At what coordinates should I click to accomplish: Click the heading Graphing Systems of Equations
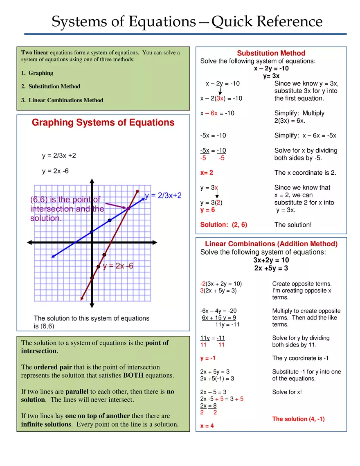pos(103,123)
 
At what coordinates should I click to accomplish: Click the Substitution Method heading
pos(271,53)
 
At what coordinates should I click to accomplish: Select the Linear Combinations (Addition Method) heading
pos(271,244)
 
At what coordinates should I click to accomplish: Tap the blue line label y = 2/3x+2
pos(163,196)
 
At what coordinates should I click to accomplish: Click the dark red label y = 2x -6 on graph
pos(118,266)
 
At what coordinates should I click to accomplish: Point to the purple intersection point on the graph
pos(128,209)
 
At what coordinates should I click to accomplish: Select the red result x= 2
pos(207,173)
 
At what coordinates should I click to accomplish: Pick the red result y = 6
pos(207,210)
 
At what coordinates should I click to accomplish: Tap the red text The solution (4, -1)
pos(298,419)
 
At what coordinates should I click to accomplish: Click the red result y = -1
pos(208,358)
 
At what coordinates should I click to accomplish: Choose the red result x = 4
pos(207,426)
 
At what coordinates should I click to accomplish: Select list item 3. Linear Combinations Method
pos(62,100)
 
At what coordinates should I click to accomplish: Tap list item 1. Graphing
pos(37,73)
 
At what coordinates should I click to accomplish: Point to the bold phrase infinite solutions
pos(46,424)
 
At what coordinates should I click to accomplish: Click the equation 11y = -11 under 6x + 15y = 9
pos(227,324)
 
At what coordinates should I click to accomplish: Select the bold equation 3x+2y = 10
pos(271,260)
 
